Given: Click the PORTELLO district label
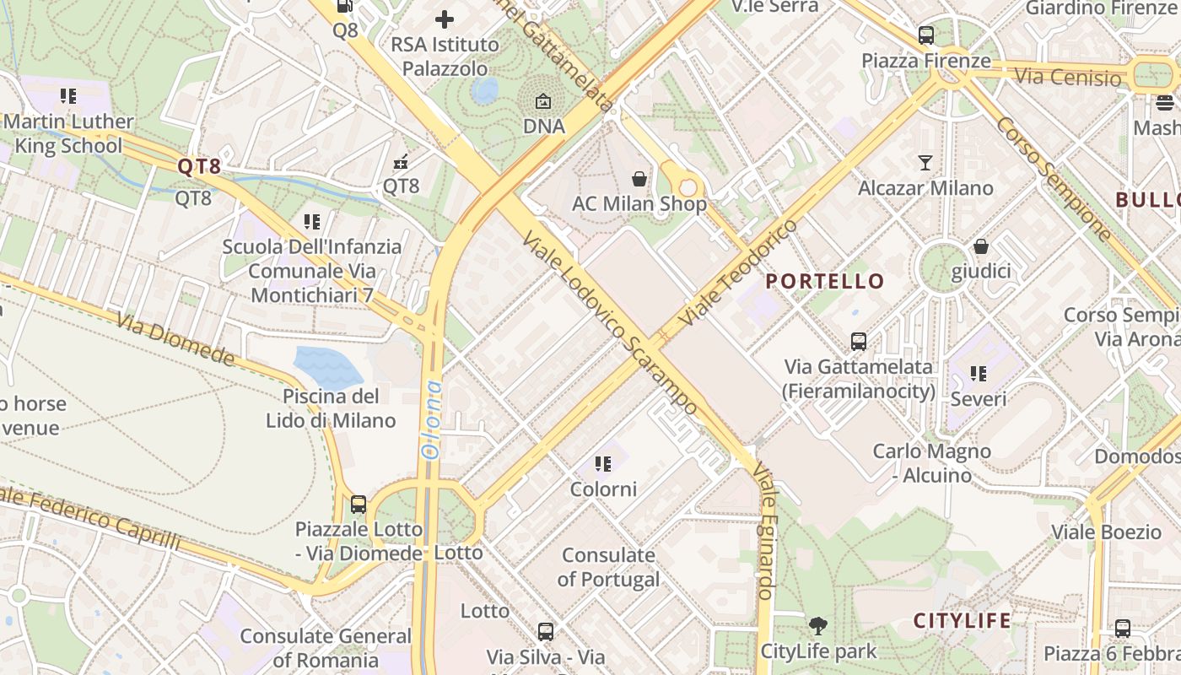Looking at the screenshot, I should tap(825, 282).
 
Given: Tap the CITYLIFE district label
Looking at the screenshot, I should tap(963, 621).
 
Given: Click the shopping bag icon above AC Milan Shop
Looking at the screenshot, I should tap(639, 179).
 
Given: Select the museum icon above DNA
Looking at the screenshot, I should tap(543, 101).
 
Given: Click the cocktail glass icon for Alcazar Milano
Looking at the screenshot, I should tap(925, 162).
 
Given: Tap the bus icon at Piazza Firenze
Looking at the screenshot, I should tap(926, 35).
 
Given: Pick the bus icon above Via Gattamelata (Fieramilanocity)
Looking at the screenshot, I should tap(859, 342).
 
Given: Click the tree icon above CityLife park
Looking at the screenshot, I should tap(817, 626).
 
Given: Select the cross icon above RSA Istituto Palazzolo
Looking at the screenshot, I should tap(445, 19).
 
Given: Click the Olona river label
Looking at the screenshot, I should tap(432, 419).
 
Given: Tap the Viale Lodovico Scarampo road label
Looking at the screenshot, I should tap(610, 324).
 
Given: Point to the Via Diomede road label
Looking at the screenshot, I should tap(175, 340).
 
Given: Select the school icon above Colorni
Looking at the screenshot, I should tap(603, 464).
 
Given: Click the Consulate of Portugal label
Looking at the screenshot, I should tap(609, 567).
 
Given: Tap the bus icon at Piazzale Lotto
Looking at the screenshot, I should tap(359, 505).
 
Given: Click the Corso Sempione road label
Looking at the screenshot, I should tap(1054, 180).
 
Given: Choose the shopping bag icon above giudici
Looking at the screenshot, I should tap(981, 246).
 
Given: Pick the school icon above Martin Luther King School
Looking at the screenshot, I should tap(68, 96).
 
